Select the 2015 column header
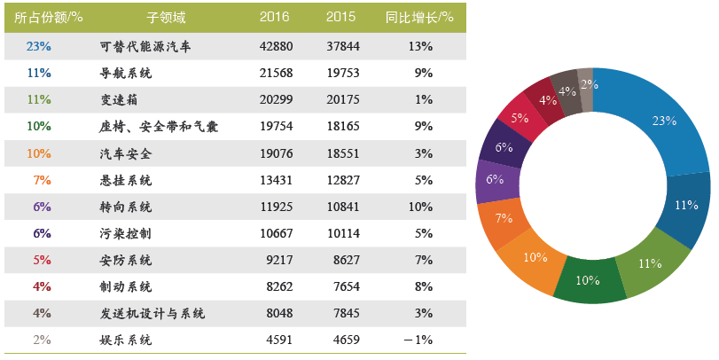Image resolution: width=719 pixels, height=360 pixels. [340, 18]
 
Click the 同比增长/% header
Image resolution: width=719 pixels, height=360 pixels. [420, 18]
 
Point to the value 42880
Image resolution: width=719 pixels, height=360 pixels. [276, 46]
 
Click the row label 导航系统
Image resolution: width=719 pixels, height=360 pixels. [127, 73]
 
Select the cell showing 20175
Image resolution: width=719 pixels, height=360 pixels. [342, 99]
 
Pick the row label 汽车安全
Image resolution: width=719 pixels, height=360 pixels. [127, 153]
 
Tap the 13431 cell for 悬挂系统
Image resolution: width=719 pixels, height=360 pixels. [276, 180]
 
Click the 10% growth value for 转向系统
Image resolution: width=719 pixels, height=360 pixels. [422, 207]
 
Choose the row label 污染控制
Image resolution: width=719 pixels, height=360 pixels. [127, 233]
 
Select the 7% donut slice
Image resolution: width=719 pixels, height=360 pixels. [504, 219]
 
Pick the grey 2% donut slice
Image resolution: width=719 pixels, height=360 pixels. [585, 83]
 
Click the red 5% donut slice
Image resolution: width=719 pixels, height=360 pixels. [520, 118]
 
